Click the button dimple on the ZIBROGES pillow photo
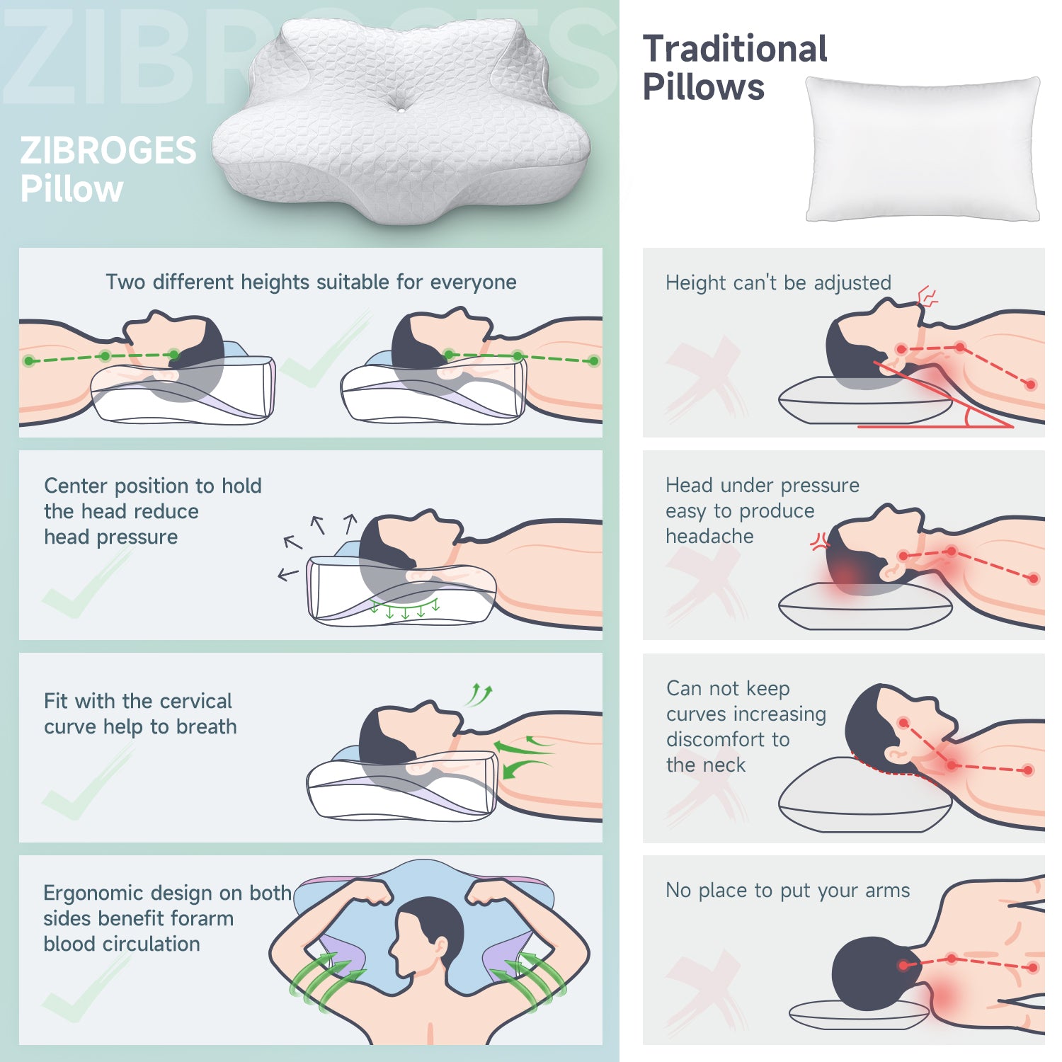(x=401, y=108)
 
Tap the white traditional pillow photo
(x=923, y=149)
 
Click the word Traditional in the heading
(x=735, y=49)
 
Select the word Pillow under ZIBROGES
(x=72, y=189)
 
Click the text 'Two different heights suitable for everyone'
(x=311, y=282)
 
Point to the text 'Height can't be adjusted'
(x=778, y=283)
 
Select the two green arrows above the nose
(x=479, y=695)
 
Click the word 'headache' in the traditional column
(x=709, y=537)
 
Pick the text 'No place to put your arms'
(x=787, y=891)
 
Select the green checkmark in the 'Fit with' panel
(x=88, y=782)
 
